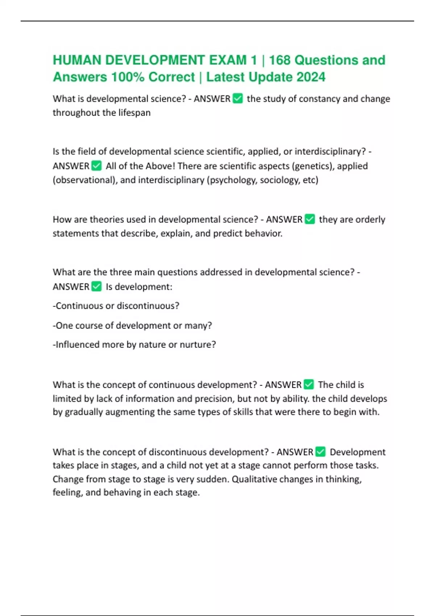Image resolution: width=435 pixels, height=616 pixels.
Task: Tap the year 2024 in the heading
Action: coord(311,77)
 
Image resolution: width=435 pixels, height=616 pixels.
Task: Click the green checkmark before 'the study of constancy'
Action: coord(237,99)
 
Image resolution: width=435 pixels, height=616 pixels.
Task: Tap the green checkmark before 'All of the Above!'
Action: coord(96,166)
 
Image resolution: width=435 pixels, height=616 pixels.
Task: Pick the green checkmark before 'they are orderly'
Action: coord(310,219)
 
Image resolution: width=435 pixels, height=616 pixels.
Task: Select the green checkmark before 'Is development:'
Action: coord(96,287)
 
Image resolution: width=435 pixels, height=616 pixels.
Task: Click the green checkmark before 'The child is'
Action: coord(308,384)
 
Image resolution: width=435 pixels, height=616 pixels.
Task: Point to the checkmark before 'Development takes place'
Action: coord(320,452)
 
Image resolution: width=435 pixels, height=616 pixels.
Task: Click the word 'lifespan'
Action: coord(134,113)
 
